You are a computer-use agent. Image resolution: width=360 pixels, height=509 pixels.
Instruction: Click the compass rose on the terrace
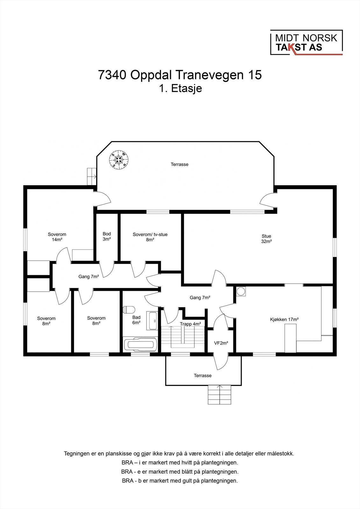tap(119, 160)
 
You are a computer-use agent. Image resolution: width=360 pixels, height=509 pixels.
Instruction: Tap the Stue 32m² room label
tap(266, 239)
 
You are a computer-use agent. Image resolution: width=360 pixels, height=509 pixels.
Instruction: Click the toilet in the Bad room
tap(130, 309)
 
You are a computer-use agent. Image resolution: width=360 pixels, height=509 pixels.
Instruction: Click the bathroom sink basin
tap(152, 321)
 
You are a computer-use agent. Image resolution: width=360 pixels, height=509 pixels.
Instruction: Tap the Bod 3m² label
tap(107, 236)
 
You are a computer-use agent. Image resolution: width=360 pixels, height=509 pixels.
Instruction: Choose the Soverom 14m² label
tap(57, 237)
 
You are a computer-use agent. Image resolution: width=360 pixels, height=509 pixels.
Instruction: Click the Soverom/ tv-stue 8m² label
tap(150, 237)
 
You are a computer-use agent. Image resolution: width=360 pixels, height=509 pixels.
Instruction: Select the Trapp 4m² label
tap(190, 324)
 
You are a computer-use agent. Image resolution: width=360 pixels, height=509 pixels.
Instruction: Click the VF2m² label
tap(221, 343)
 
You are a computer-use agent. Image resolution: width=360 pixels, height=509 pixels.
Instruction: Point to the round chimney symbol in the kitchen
tap(241, 291)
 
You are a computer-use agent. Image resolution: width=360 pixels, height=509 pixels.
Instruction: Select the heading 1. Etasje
tap(180, 88)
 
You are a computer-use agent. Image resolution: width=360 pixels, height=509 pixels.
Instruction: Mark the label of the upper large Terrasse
tap(180, 164)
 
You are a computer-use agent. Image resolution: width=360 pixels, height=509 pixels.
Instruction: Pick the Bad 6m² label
tap(136, 320)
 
